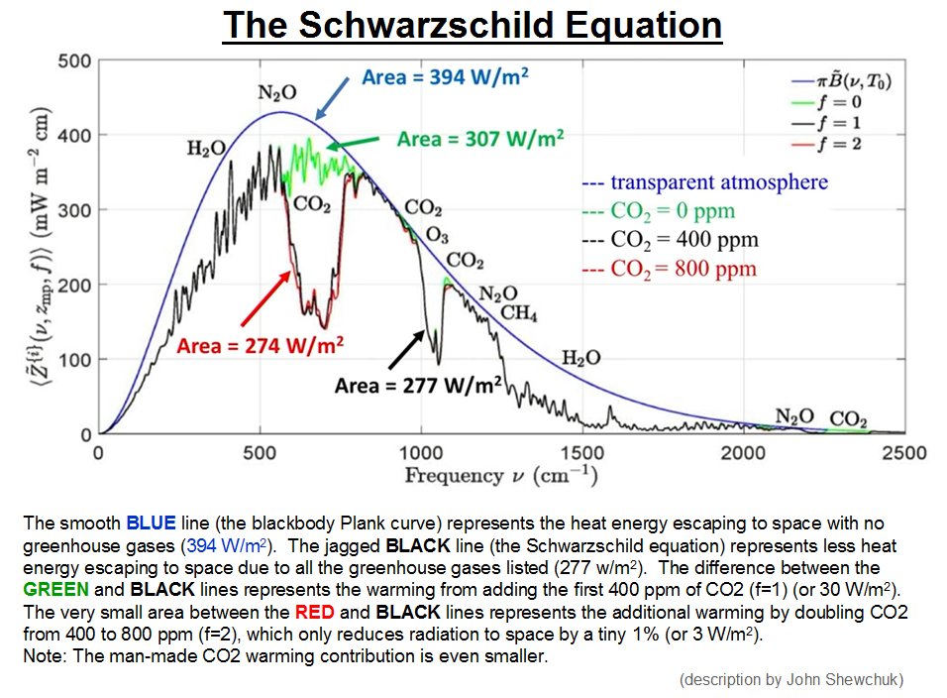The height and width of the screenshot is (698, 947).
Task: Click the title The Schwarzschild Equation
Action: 473,27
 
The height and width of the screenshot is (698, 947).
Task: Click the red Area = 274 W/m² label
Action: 261,346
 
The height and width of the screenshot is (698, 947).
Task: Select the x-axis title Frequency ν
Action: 499,476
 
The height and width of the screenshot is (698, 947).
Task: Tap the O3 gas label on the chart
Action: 436,235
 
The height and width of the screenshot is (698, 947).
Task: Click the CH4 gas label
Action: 518,313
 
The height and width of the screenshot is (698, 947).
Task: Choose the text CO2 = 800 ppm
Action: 669,269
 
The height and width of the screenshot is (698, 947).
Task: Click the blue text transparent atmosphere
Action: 704,182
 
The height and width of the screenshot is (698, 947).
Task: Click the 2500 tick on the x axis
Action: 904,453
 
